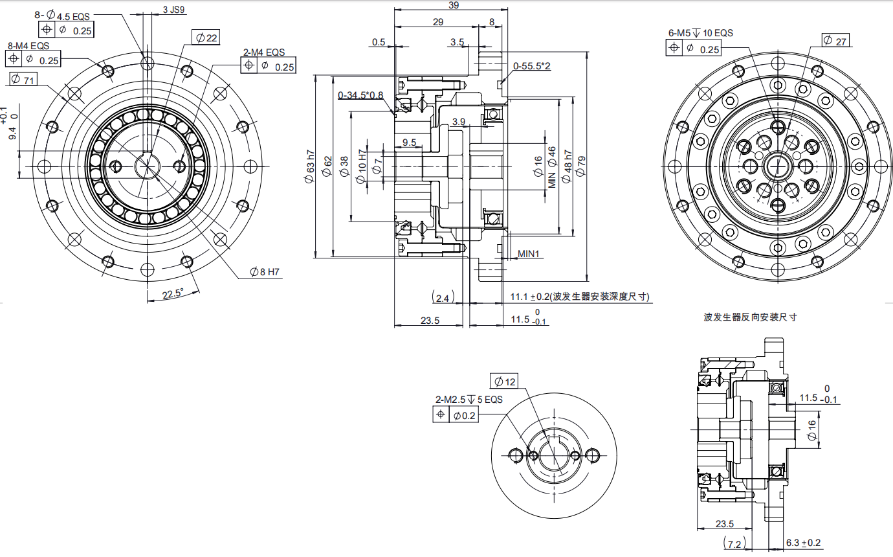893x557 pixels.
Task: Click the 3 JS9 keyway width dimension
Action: point(174,10)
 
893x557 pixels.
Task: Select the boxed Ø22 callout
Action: point(206,38)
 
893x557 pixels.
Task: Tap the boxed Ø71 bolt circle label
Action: point(23,79)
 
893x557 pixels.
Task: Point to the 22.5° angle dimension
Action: point(173,294)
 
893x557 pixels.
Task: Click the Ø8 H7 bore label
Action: point(265,272)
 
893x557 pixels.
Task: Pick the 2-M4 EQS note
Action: point(264,52)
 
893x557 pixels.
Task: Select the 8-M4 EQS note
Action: point(28,46)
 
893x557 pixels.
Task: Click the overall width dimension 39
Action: point(454,5)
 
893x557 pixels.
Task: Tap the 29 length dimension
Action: point(438,22)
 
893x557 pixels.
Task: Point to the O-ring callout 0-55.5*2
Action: point(532,66)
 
